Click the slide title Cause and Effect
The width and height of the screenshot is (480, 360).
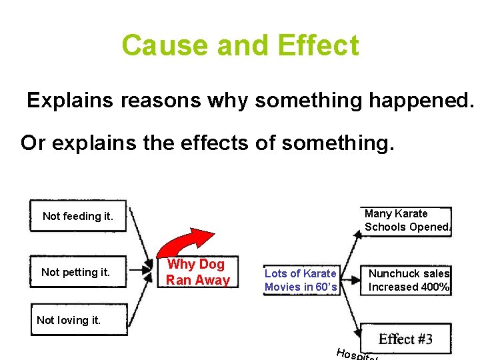[x=240, y=45]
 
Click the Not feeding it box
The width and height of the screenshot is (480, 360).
[x=79, y=216]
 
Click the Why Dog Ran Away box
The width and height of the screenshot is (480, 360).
[x=197, y=272]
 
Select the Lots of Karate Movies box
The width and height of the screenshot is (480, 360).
[x=300, y=280]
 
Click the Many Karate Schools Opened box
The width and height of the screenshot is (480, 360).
[x=407, y=220]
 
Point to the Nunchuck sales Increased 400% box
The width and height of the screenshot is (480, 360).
[x=408, y=280]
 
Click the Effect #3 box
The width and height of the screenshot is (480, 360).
[x=405, y=339]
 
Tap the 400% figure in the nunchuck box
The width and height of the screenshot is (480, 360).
[x=435, y=287]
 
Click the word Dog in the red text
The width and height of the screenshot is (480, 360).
[x=212, y=265]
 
